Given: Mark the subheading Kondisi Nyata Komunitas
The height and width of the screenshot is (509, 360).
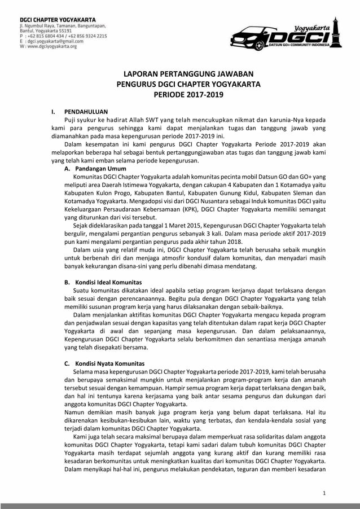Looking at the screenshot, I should [x=109, y=363].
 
